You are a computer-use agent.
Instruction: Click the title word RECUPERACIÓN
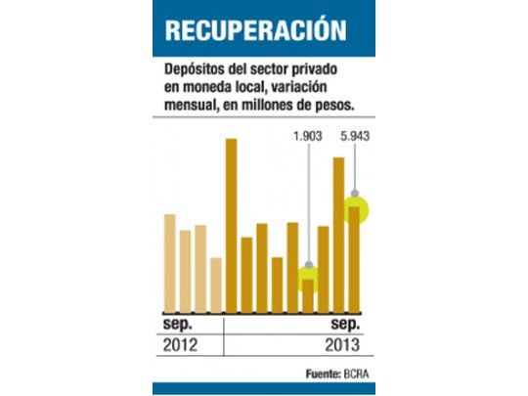(254, 29)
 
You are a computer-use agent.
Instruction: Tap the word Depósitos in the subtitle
(194, 71)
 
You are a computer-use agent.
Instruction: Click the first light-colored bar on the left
(169, 259)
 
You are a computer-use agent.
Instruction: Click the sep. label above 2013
(345, 324)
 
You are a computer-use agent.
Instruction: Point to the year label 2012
(181, 345)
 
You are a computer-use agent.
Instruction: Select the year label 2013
(342, 345)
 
